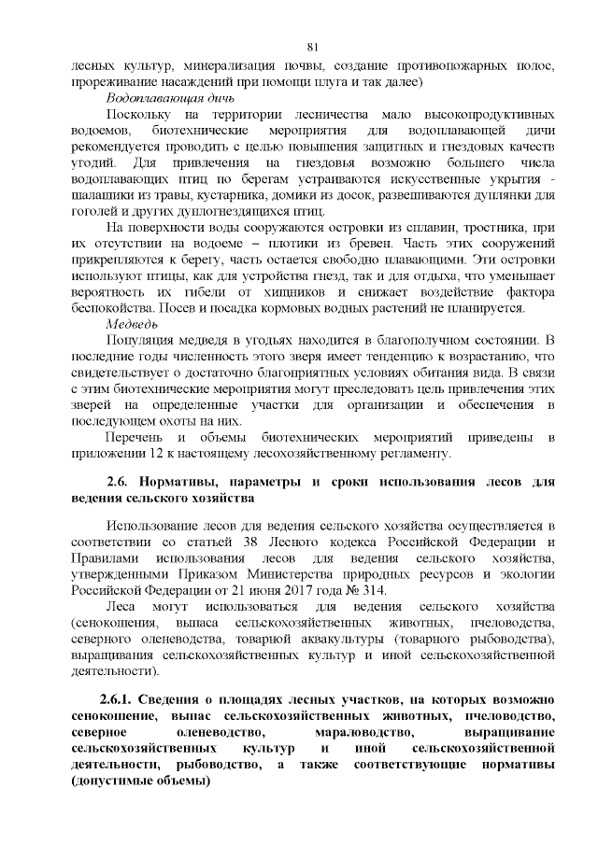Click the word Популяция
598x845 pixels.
pos(142,339)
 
